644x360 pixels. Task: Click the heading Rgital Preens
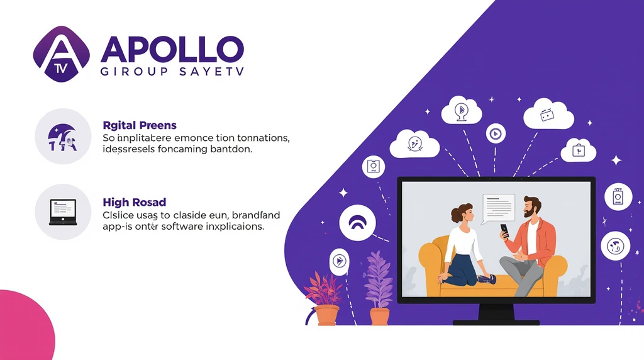tap(139, 125)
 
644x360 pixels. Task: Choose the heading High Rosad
tap(134, 202)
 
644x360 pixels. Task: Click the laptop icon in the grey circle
tap(63, 212)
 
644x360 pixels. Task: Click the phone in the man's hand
tap(504, 230)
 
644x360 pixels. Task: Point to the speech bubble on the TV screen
tap(497, 206)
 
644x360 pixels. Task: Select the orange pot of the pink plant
tap(326, 314)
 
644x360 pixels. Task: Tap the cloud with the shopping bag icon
tap(577, 150)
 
